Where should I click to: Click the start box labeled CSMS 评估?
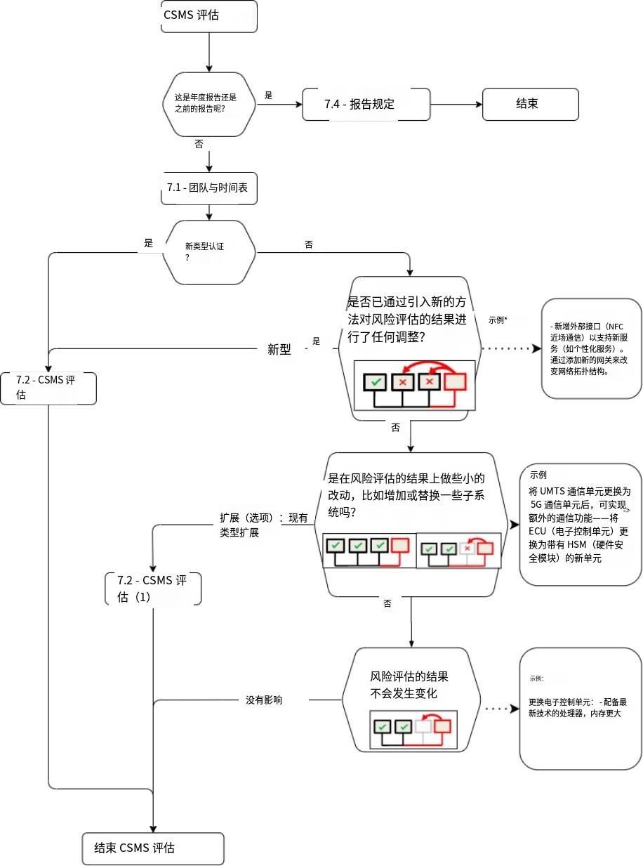[x=208, y=16]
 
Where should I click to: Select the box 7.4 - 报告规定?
[x=365, y=105]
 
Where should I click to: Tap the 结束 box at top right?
[x=530, y=104]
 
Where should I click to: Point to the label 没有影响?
[x=264, y=700]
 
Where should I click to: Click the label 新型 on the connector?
[x=279, y=349]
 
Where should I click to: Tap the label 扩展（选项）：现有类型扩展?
[x=263, y=525]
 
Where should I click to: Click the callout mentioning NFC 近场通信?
[x=591, y=349]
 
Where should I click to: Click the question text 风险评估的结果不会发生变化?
[x=409, y=685]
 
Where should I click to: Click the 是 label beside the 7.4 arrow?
[x=268, y=95]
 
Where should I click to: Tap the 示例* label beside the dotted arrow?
[x=498, y=320]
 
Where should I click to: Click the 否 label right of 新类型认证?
[x=309, y=244]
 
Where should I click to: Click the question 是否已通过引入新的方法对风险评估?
[x=409, y=319]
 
